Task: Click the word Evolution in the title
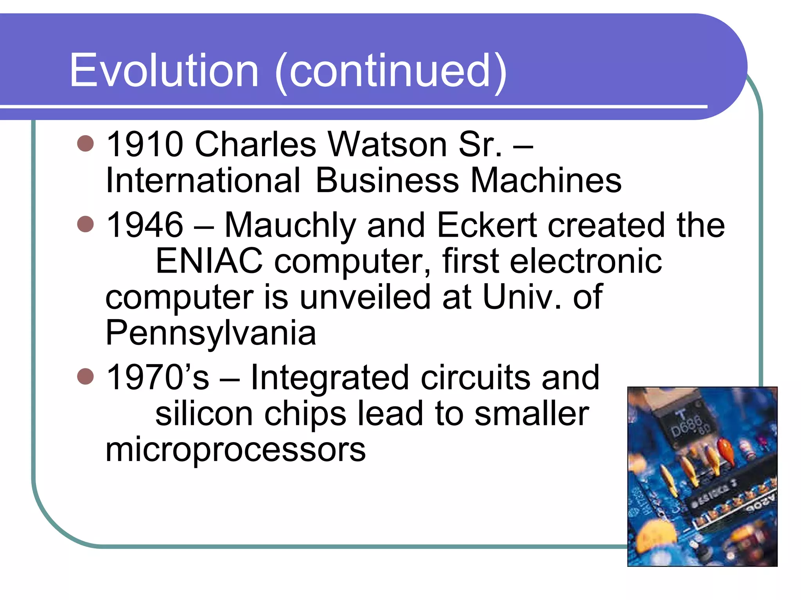click(x=164, y=71)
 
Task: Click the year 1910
click(x=145, y=144)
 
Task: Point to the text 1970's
click(x=158, y=377)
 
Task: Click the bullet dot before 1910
click(x=85, y=143)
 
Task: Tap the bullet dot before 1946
click(x=85, y=224)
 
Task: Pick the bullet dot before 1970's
click(x=85, y=377)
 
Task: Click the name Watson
click(x=387, y=144)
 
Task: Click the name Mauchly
click(x=290, y=225)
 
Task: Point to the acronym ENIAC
click(x=209, y=261)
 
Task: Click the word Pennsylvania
click(x=210, y=333)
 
